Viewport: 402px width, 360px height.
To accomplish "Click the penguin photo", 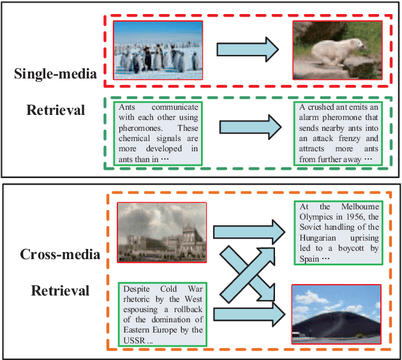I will [x=158, y=50].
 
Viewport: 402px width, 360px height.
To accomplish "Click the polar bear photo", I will [x=337, y=50].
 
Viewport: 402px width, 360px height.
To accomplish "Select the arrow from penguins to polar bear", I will [x=248, y=50].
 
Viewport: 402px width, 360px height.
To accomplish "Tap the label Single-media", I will [x=55, y=74].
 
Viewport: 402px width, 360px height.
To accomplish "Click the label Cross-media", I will [x=60, y=255].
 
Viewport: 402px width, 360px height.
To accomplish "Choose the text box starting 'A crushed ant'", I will [x=337, y=133].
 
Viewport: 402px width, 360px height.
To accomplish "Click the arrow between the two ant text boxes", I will [x=248, y=126].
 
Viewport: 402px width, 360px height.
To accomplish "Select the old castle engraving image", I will [x=162, y=232].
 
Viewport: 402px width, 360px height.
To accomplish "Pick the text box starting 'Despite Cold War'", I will [x=162, y=313].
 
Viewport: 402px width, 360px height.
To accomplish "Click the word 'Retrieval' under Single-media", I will [x=56, y=110].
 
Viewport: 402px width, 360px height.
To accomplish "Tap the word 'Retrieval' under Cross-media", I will [x=60, y=291].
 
